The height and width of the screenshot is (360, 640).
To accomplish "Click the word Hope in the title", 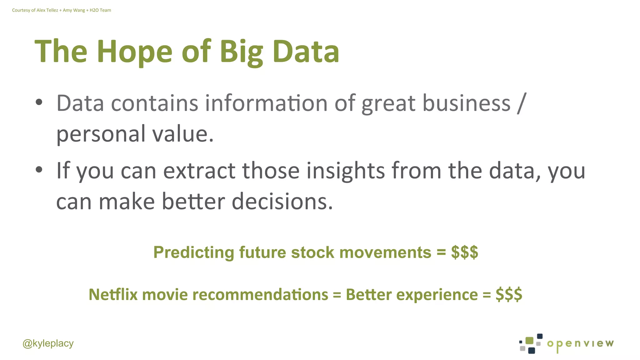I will coord(134,52).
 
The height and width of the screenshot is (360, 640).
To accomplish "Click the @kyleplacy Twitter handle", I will coord(48,343).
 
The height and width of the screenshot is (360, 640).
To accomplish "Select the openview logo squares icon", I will coord(531,343).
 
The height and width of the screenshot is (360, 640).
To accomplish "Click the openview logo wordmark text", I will coord(580,344).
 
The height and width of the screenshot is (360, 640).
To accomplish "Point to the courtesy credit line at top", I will coord(62,10).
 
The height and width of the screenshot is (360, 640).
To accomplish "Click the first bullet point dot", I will coord(39,102).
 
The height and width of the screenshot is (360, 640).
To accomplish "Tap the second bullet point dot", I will coord(39,169).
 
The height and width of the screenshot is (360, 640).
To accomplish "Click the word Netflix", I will coord(113,294).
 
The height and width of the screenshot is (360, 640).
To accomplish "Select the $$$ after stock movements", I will coord(464,252).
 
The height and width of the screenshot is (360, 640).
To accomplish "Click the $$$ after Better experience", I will coord(509,294).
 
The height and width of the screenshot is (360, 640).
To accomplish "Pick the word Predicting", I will coord(194,252).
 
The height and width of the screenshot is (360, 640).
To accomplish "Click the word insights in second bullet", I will coord(345,171).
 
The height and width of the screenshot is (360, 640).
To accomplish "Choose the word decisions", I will coord(282,201).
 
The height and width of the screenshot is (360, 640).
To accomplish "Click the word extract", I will coord(199,171).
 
